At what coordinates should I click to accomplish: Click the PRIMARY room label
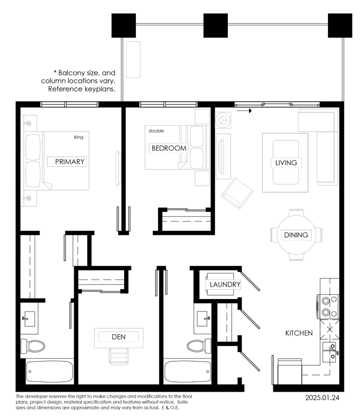tap(69, 161)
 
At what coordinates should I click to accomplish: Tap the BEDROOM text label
tap(168, 148)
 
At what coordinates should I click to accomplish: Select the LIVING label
tap(286, 162)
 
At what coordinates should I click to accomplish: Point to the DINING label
tap(296, 235)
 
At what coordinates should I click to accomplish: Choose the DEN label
tap(119, 337)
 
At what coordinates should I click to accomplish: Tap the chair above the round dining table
tap(297, 212)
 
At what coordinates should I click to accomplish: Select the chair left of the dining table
tap(273, 235)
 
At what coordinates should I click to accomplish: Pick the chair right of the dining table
tap(320, 235)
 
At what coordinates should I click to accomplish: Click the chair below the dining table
tap(297, 258)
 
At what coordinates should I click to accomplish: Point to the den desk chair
tap(119, 355)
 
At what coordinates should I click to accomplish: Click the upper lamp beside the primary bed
tap(28, 123)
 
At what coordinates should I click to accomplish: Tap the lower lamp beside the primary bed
tap(28, 199)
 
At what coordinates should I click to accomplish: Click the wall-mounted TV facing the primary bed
tap(119, 168)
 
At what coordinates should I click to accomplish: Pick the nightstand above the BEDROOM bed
tap(202, 116)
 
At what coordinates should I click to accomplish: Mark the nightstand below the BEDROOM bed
tap(202, 178)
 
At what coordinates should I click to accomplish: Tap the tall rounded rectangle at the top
tap(133, 59)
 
